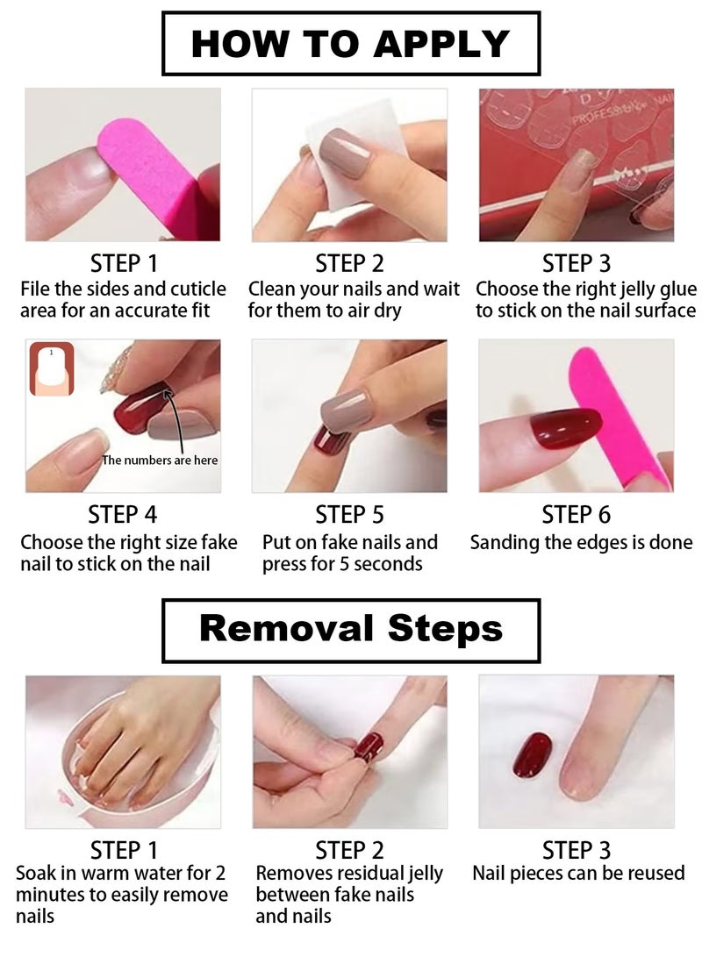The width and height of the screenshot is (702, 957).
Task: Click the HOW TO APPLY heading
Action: point(350,44)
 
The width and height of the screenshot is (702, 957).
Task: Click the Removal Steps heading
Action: point(350,629)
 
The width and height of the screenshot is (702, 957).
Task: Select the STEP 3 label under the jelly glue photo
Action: point(576,263)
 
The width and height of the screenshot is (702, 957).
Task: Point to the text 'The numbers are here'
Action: point(160,461)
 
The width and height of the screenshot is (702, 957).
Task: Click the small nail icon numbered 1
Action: point(52,368)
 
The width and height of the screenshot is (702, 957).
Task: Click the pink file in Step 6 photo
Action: point(619,412)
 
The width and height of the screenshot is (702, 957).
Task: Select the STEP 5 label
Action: point(349,515)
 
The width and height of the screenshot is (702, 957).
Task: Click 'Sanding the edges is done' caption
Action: point(581,543)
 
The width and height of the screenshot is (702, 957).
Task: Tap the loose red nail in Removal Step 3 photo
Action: point(532,755)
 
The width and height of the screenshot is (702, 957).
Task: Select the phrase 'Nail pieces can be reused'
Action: point(578,874)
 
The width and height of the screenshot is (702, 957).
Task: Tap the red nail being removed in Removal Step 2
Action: point(369,747)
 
